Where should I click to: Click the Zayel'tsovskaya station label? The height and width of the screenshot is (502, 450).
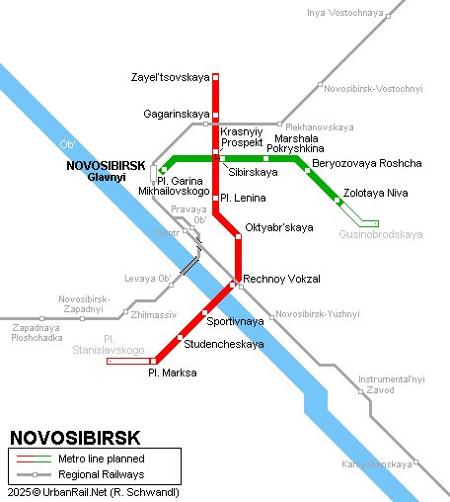[170, 77]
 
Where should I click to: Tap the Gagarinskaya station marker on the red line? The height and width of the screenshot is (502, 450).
[216, 114]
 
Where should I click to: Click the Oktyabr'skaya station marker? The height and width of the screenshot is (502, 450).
[238, 236]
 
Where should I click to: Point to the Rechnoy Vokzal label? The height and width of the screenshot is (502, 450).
[281, 280]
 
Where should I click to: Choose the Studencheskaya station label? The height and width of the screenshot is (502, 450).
[224, 344]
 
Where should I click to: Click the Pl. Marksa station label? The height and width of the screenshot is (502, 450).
[172, 373]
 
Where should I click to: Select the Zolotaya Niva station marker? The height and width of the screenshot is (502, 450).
[338, 201]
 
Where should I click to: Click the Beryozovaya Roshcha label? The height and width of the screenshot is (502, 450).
[366, 163]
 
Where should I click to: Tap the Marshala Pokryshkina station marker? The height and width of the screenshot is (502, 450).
[265, 158]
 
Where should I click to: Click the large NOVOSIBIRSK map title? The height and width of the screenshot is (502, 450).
[75, 437]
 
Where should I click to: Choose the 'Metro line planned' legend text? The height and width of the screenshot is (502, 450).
[102, 459]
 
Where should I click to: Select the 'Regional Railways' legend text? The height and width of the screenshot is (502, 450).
[101, 474]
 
